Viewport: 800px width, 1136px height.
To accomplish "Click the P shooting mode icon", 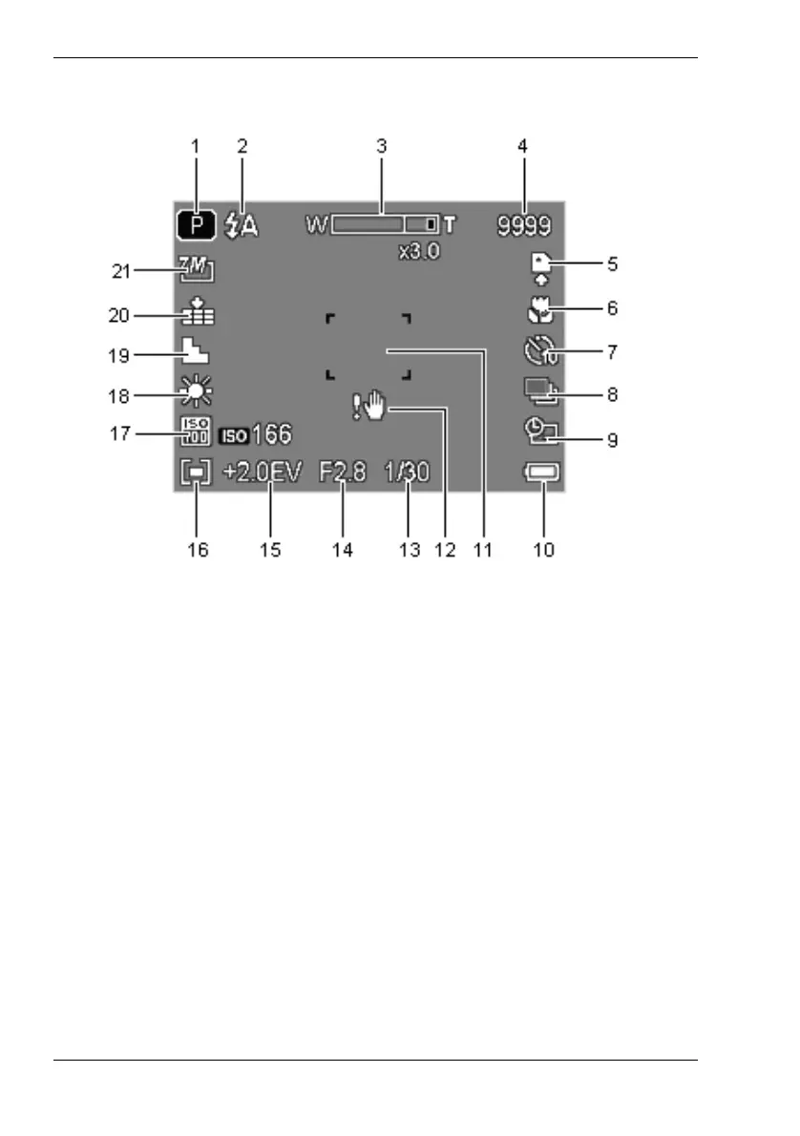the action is pos(196,225).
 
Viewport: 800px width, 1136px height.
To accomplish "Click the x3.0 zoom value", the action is pos(419,254).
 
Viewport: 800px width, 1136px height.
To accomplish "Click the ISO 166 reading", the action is pos(257,435).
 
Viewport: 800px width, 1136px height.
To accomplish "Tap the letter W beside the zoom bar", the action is pos(316,225).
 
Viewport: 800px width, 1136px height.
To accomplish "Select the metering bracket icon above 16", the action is pos(196,473).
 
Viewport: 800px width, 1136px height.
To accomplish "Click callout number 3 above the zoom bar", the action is pos(381,147).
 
